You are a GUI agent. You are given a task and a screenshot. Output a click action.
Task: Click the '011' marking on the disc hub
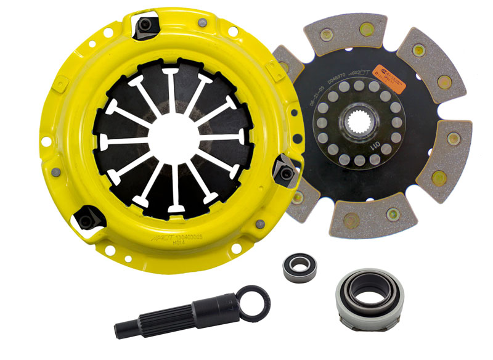pyautogui.click(x=374, y=148)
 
